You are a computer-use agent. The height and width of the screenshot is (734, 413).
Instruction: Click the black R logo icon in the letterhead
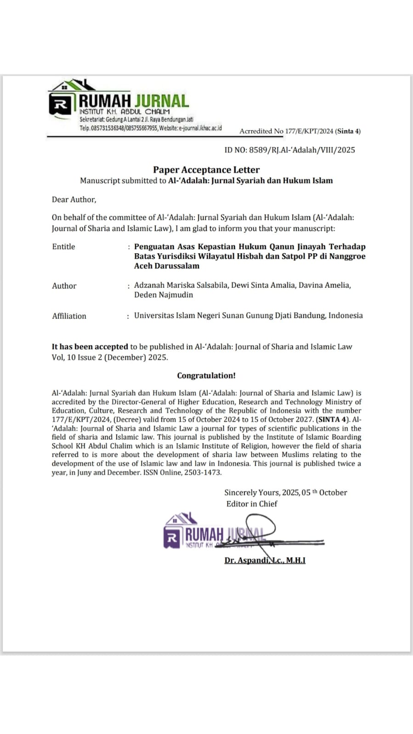pos(60,104)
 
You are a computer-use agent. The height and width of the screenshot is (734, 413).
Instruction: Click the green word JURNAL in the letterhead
pos(162,101)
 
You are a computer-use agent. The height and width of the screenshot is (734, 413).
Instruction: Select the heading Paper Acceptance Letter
pos(206,170)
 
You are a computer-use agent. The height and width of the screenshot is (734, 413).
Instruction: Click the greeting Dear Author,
pos(74,200)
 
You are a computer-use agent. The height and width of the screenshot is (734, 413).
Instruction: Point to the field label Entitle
pos(63,247)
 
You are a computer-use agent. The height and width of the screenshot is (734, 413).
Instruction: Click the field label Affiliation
pos(69,316)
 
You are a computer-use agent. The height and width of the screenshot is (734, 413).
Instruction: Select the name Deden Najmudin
pos(164,295)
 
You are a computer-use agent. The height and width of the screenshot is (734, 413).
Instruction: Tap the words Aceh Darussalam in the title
pos(167,266)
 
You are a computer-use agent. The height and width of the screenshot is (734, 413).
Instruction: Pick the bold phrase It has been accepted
pos(90,347)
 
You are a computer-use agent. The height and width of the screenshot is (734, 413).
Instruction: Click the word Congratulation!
pos(206,376)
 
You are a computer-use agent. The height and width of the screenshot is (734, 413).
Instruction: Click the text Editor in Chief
pos(252,504)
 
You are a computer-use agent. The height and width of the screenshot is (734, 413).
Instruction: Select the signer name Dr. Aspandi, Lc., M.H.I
pos(265,560)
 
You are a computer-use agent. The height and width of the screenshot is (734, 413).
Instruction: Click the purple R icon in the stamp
pos(172,537)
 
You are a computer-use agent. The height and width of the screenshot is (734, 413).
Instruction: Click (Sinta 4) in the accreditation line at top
pos(348,131)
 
